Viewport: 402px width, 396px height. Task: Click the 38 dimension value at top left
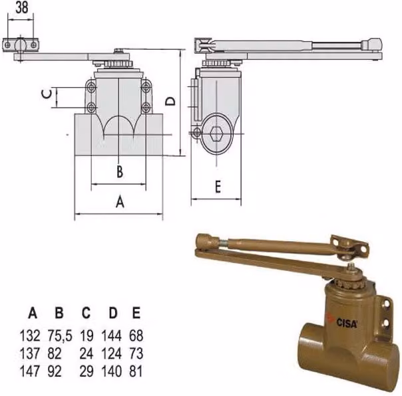tap(22, 8)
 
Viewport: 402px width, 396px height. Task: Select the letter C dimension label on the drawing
tap(47, 94)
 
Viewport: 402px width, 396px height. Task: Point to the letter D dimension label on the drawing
tap(170, 101)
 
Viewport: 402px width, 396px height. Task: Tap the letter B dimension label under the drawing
tap(120, 172)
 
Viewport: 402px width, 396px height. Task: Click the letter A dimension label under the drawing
tap(120, 201)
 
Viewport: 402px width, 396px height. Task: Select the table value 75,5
tap(60, 336)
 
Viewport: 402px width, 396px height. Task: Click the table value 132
tap(30, 336)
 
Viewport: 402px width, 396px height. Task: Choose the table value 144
tap(112, 336)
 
